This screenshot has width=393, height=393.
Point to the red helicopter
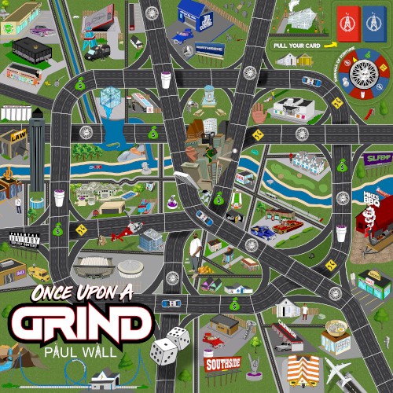pos(119,234)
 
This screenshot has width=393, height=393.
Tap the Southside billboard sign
pos(222,364)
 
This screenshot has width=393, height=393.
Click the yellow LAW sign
pos(19,136)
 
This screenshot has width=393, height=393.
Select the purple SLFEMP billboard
pos(376,160)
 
